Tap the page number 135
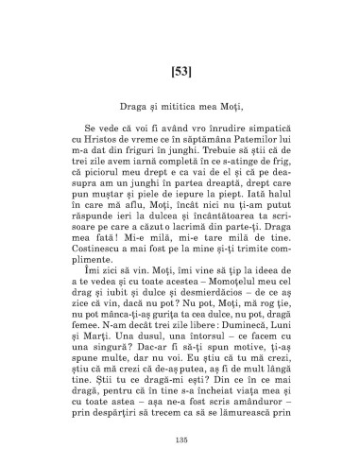coord(180,441)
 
